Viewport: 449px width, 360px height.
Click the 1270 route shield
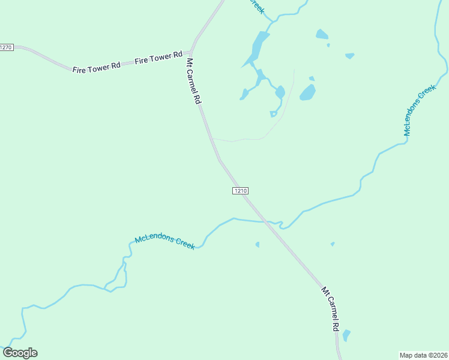pyautogui.click(x=6, y=47)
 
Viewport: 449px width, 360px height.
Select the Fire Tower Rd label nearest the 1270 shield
pyautogui.click(x=96, y=66)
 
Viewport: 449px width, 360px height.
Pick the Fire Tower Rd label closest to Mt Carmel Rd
pyautogui.click(x=158, y=58)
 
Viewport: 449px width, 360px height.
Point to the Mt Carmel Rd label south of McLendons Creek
pyautogui.click(x=331, y=308)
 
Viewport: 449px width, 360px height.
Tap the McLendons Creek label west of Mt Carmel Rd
pyautogui.click(x=164, y=242)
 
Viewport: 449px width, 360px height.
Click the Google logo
pyautogui.click(x=20, y=353)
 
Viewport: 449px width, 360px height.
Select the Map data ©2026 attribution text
pyautogui.click(x=423, y=355)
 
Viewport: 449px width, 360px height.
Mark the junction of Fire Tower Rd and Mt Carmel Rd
pyautogui.click(x=191, y=52)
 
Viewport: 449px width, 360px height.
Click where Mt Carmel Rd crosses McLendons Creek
pyautogui.click(x=263, y=221)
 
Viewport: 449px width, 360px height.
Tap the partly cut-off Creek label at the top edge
pyautogui.click(x=257, y=6)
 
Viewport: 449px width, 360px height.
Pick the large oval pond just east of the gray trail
pyautogui.click(x=308, y=92)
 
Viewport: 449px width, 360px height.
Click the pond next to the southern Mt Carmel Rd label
pyautogui.click(x=346, y=335)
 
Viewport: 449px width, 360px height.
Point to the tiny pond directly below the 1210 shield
pyautogui.click(x=258, y=244)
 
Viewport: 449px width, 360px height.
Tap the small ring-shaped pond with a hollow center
pyautogui.click(x=274, y=113)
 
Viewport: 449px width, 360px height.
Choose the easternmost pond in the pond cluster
pyautogui.click(x=349, y=56)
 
